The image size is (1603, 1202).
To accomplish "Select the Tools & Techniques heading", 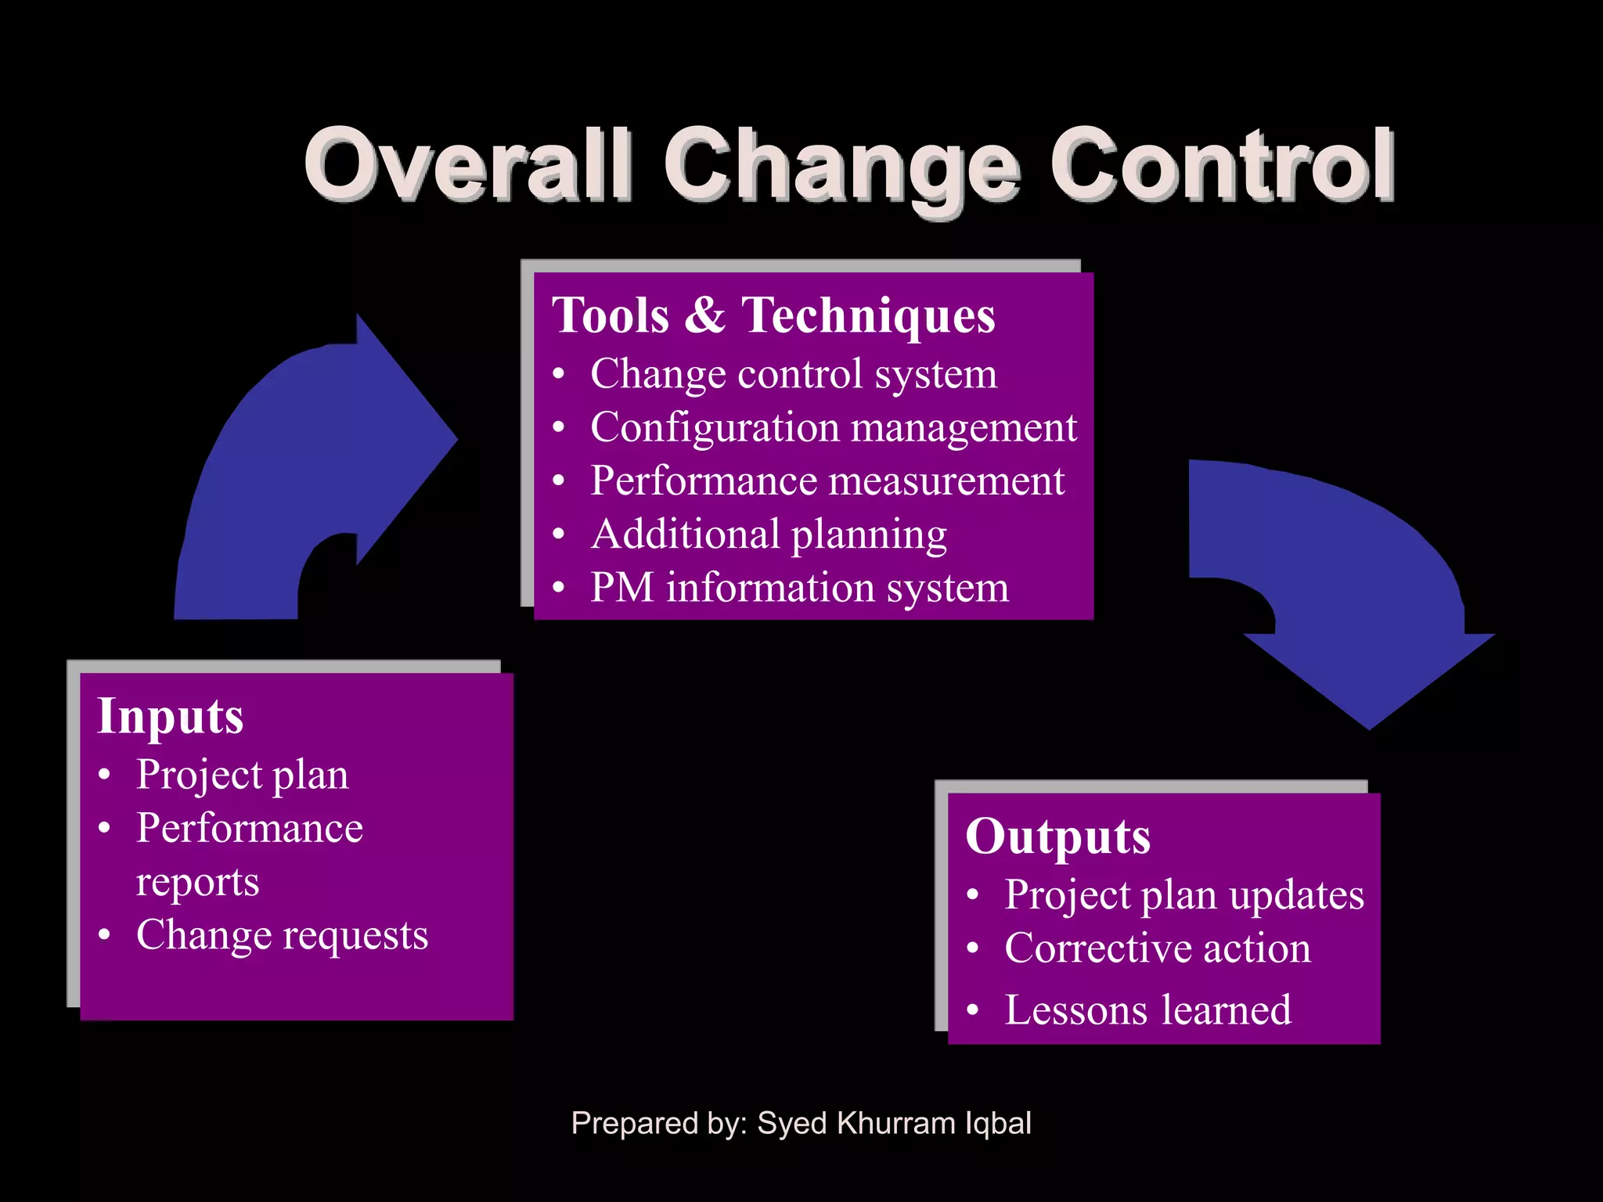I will tap(773, 315).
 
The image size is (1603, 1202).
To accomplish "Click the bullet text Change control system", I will tap(794, 374).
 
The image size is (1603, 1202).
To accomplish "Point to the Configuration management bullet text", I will tap(834, 427).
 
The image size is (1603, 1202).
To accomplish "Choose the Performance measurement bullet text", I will tap(827, 480).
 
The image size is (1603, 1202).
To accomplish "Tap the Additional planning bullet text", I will tap(769, 534).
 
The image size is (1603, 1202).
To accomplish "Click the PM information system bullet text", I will tap(799, 588).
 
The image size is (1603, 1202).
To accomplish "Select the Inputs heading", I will tap(170, 717).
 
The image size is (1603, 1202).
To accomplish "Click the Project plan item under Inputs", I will tap(242, 776).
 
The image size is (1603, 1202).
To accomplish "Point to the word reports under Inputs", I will tap(197, 883).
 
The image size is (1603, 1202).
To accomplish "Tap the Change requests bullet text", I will tap(282, 935).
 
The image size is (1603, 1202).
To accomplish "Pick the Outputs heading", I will tap(1057, 837).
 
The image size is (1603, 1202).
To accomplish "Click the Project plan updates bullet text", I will tap(1184, 895).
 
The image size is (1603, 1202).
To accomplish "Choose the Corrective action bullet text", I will tap(1158, 948).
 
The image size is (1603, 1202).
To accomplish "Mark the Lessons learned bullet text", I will tap(1147, 1010).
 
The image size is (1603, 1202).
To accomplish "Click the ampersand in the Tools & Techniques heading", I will tap(705, 315).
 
